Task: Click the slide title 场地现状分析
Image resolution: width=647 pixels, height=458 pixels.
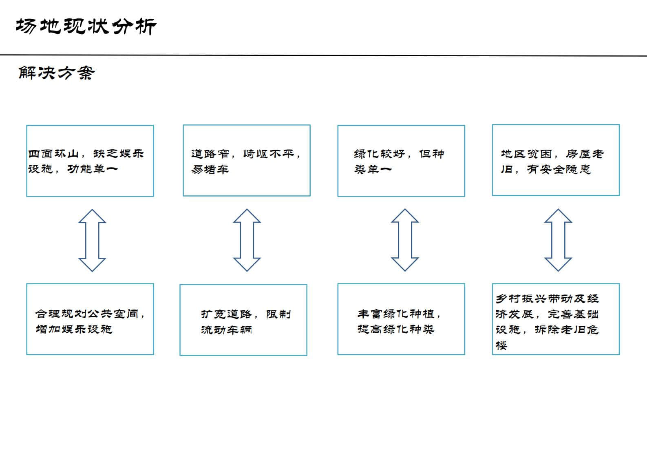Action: (86, 26)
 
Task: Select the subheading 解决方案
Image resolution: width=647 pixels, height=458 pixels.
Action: (57, 73)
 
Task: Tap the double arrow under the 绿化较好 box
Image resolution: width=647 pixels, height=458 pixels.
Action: (399, 240)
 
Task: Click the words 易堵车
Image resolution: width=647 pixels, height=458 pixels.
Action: (210, 169)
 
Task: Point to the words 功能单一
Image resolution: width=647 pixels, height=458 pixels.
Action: (93, 169)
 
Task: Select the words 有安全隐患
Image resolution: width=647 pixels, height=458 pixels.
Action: (559, 169)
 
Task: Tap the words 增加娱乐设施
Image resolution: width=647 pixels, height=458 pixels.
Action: (74, 329)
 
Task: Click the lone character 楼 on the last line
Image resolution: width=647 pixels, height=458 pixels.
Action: (501, 345)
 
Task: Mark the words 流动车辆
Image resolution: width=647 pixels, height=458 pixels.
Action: (226, 330)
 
